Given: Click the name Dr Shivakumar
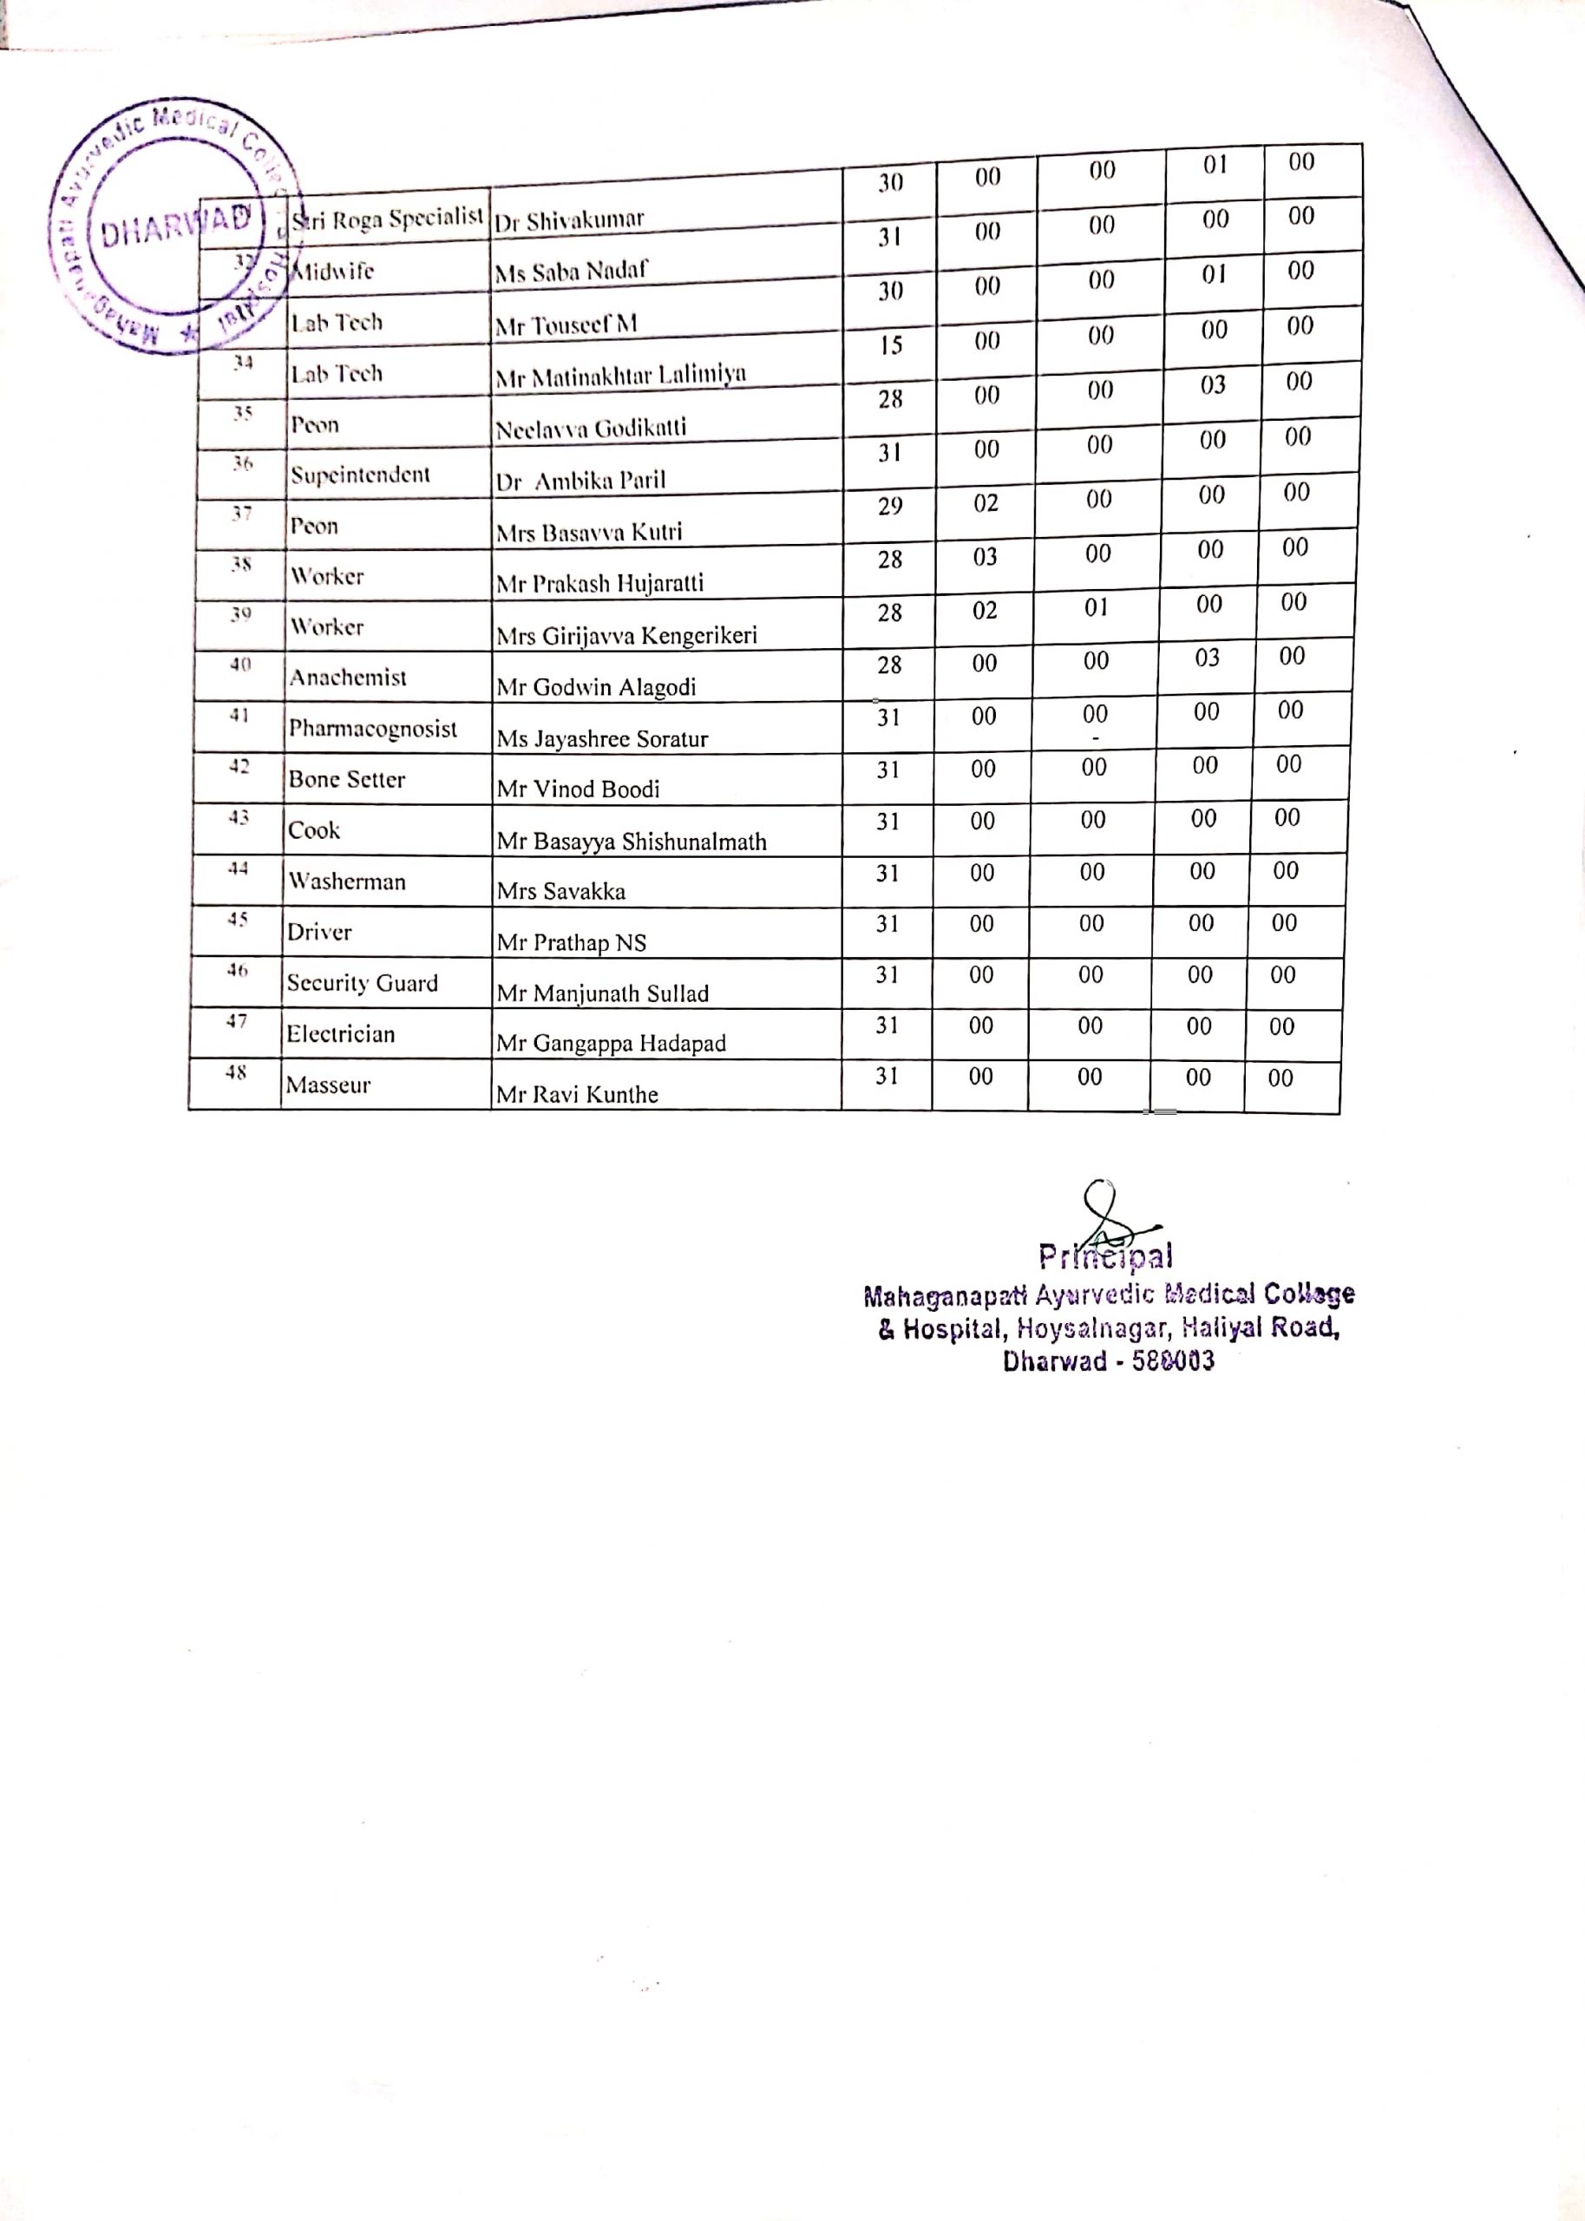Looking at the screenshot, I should [569, 220].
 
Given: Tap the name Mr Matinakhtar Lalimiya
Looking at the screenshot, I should [621, 375].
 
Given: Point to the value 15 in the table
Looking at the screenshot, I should [890, 345].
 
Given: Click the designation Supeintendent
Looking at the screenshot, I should [360, 475].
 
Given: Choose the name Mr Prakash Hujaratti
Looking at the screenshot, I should [599, 585].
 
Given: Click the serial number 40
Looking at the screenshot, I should [240, 665].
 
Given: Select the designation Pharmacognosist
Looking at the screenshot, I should [372, 729].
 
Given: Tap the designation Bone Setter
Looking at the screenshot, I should [346, 780].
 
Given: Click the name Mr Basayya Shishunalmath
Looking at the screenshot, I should [632, 842].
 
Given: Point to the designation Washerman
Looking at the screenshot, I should [346, 882].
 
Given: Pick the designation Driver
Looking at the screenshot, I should [319, 933].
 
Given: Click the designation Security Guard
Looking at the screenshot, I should [362, 984].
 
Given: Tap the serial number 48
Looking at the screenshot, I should [236, 1072].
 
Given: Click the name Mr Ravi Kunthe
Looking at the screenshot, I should [577, 1095].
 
